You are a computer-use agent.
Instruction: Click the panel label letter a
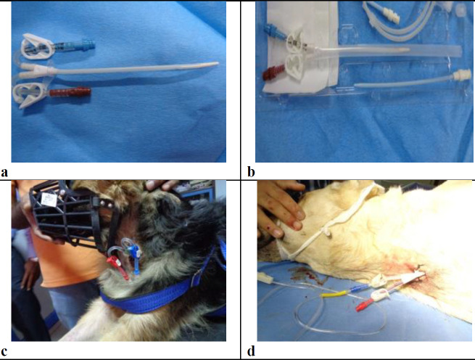(x=4, y=173)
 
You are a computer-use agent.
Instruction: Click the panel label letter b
(x=251, y=172)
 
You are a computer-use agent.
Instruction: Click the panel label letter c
(x=4, y=351)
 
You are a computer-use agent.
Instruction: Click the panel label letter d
(x=251, y=351)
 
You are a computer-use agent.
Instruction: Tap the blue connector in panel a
(x=74, y=46)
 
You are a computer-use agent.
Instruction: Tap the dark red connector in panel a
(x=70, y=91)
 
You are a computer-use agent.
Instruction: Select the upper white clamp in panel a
(x=37, y=46)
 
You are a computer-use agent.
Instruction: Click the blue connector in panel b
(x=275, y=32)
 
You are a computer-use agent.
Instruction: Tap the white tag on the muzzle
(x=49, y=200)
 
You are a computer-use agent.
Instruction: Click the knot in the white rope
(x=326, y=232)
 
